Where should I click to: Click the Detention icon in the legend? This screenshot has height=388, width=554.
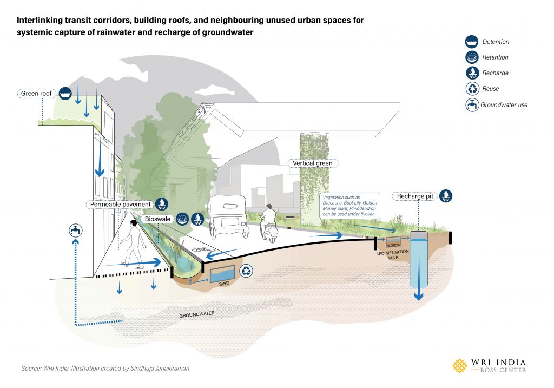472,42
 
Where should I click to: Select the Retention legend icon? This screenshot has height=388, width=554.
472,57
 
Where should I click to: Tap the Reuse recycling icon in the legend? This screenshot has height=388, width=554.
472,89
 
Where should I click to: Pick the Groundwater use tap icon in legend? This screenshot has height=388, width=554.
472,105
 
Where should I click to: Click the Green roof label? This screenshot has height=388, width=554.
36,94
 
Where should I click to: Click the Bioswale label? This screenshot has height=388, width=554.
156,219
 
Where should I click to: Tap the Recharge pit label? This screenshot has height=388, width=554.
415,196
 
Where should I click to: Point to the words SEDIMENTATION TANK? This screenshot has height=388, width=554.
387,255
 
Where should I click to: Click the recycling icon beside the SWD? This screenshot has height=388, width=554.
247,272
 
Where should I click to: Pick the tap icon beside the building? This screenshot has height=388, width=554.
73,231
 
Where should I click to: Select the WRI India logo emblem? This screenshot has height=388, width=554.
460,366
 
